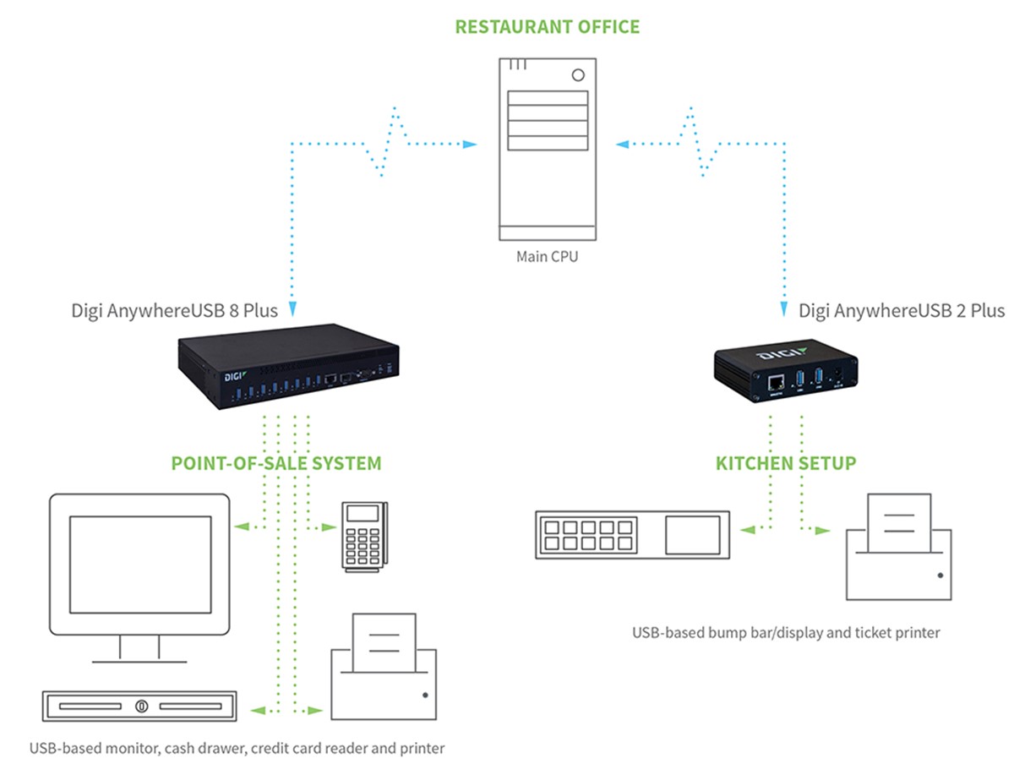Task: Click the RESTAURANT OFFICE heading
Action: [x=547, y=26]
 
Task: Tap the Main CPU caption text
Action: [x=547, y=256]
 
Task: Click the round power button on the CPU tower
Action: [x=578, y=74]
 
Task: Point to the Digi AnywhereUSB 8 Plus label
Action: [x=175, y=310]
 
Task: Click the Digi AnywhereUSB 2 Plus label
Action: [x=902, y=310]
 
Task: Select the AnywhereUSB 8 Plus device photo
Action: [x=287, y=367]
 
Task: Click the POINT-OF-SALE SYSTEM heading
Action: [x=275, y=463]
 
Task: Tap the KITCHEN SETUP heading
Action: [x=786, y=463]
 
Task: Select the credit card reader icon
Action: [x=363, y=536]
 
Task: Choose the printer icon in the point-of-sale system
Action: [x=384, y=668]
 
